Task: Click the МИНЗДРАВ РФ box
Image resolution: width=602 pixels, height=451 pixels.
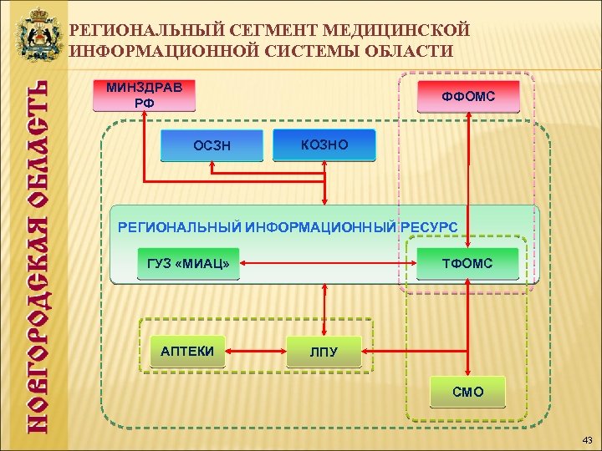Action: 144,96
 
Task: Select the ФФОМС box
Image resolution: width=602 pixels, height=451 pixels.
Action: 468,98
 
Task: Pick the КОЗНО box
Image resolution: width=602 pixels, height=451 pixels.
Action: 324,145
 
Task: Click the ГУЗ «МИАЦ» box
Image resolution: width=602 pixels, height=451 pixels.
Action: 187,264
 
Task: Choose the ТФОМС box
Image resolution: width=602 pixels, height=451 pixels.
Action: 467,264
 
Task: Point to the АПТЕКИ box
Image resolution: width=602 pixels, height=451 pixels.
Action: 187,351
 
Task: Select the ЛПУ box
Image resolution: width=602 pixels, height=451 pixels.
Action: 324,352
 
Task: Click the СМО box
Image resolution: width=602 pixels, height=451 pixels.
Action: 467,392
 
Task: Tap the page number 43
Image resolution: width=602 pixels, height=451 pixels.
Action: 586,439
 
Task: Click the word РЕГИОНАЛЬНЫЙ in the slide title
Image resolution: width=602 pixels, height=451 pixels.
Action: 141,31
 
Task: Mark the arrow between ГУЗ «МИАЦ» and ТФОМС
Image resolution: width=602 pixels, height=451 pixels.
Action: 328,264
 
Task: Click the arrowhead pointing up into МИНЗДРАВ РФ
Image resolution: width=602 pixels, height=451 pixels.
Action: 144,117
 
